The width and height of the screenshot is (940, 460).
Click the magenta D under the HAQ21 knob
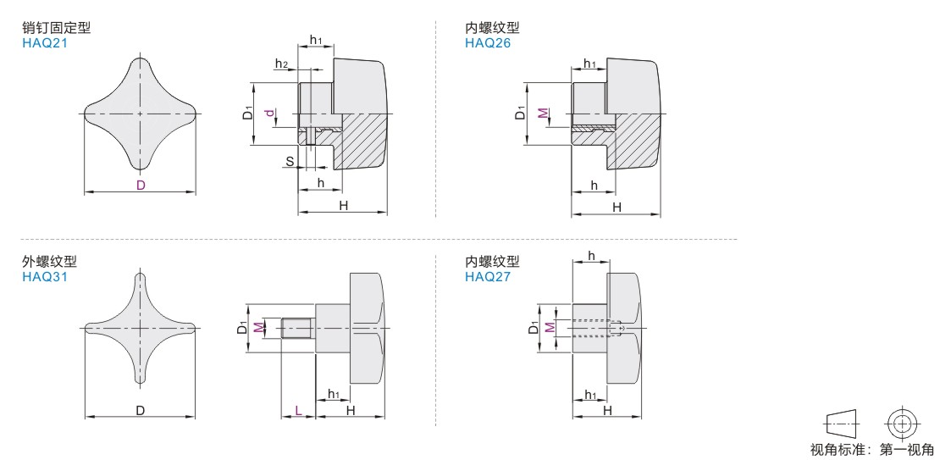click(x=140, y=186)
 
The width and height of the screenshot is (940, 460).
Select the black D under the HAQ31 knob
click(x=140, y=410)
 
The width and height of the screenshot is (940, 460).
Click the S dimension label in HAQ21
click(x=290, y=161)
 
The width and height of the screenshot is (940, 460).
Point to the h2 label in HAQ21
click(x=281, y=64)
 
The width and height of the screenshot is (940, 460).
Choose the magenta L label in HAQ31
click(x=297, y=410)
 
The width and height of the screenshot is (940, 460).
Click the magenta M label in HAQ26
click(x=543, y=114)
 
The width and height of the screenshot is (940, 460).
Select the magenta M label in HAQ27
click(x=550, y=327)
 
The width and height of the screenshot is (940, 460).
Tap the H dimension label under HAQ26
click(x=617, y=207)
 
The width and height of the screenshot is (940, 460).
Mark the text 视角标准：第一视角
click(x=871, y=450)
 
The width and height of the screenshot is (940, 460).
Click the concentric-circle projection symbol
click(x=904, y=424)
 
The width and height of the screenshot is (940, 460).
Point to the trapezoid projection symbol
click(x=840, y=424)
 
